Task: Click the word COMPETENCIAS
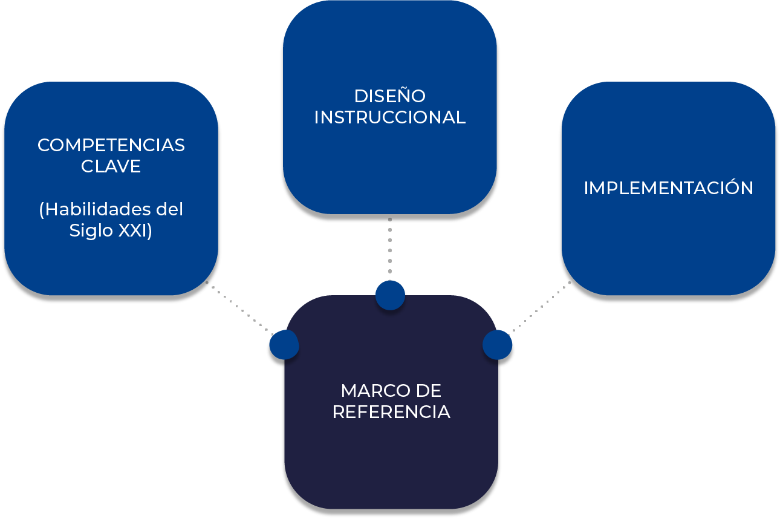pyautogui.click(x=111, y=145)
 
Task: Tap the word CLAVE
pyautogui.click(x=111, y=166)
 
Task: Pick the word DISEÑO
pyautogui.click(x=390, y=96)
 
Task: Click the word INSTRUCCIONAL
pyautogui.click(x=390, y=117)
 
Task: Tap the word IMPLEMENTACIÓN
pyautogui.click(x=669, y=188)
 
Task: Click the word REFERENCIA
pyautogui.click(x=391, y=412)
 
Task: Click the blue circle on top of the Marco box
pyautogui.click(x=390, y=295)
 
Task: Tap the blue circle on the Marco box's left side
pyautogui.click(x=284, y=345)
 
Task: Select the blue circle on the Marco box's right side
pyautogui.click(x=498, y=345)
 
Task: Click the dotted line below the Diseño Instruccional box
pyautogui.click(x=390, y=248)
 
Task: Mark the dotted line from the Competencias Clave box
pyautogui.click(x=239, y=307)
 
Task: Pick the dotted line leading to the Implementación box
pyautogui.click(x=541, y=307)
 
